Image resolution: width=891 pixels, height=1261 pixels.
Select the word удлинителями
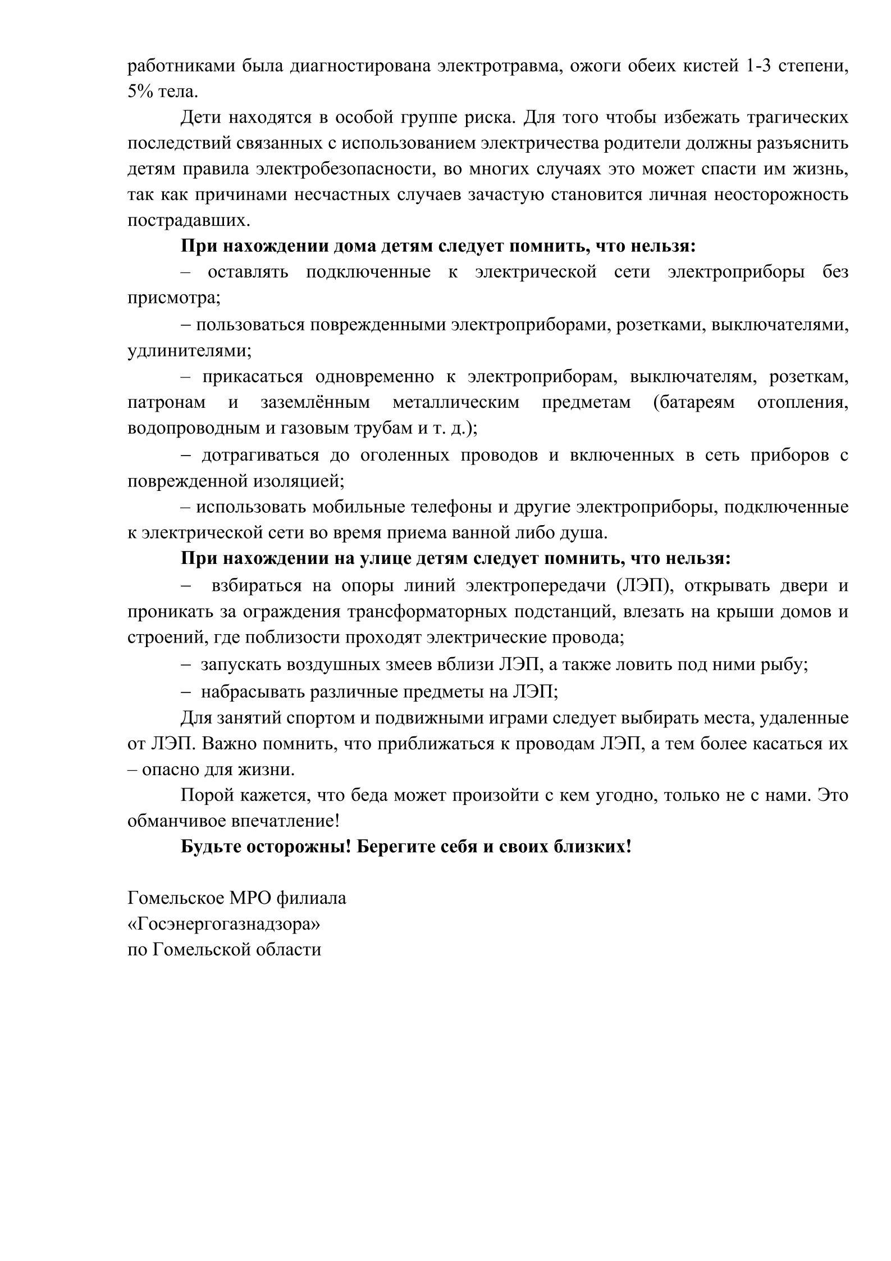[x=189, y=350]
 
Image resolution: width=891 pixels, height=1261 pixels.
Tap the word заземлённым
[x=315, y=403]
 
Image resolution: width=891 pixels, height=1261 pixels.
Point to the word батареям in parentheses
[x=693, y=403]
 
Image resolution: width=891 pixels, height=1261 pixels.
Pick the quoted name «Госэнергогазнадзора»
[x=224, y=924]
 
